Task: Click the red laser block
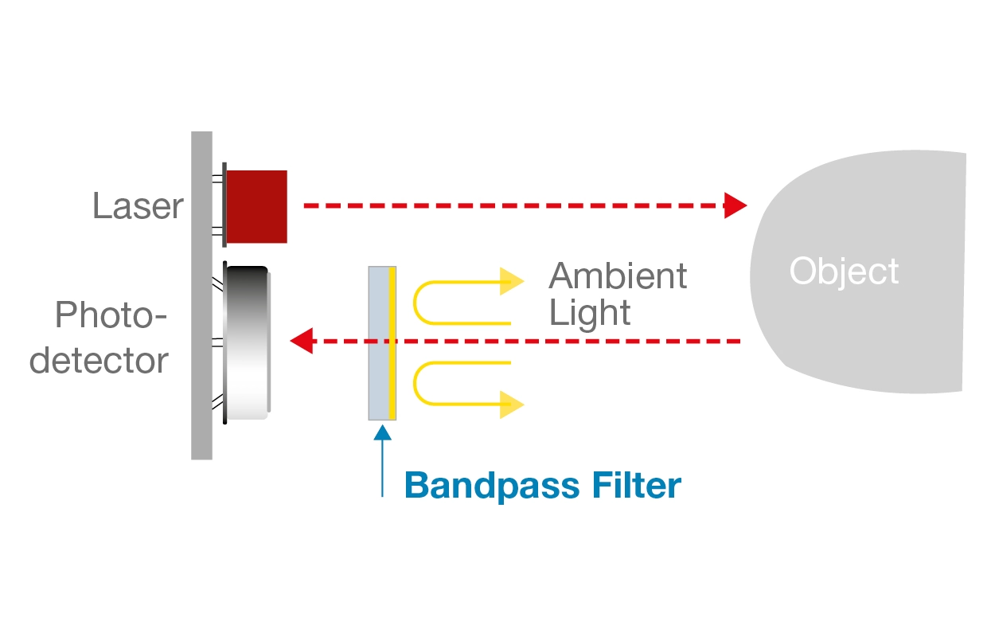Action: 257,206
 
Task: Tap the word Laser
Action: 138,206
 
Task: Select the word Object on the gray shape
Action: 844,272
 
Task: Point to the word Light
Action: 590,313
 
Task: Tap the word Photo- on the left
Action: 111,317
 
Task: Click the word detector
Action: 99,361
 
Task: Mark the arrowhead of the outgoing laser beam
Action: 736,205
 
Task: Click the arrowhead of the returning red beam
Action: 301,342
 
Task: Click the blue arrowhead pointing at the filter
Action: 383,432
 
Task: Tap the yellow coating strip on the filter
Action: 392,342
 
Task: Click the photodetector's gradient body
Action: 247,342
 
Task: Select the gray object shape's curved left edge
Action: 753,271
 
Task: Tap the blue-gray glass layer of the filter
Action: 378,342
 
